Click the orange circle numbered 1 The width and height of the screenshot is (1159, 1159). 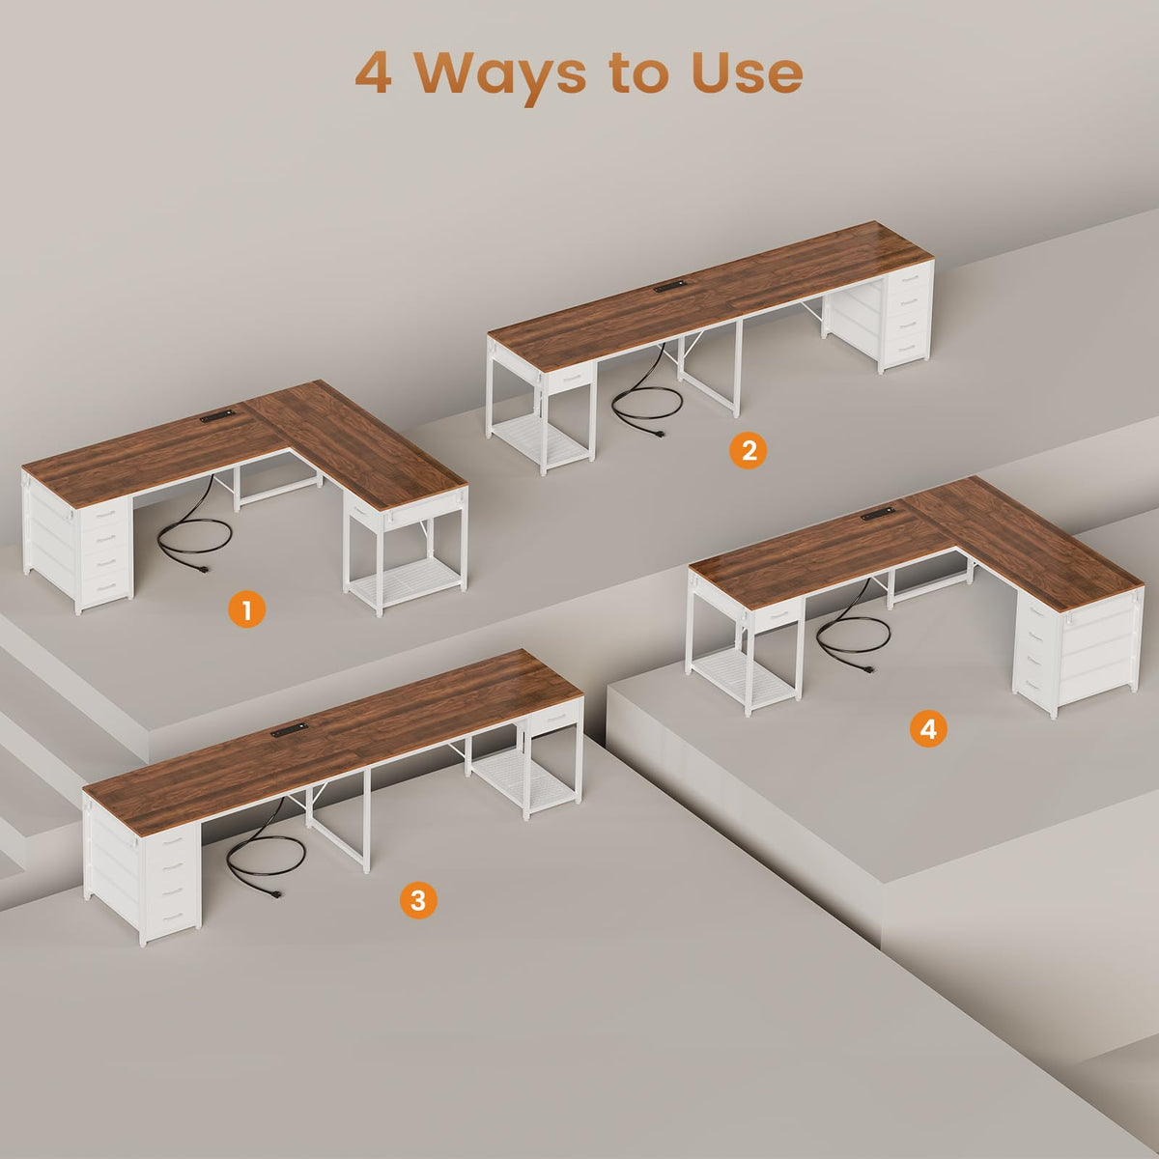246,609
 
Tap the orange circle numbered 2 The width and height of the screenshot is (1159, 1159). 749,450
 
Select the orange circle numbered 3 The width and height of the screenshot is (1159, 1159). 418,900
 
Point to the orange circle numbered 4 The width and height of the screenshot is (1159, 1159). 928,728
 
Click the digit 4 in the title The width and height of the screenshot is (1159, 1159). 374,72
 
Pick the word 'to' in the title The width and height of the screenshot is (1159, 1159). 638,73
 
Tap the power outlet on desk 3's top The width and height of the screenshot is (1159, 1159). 290,731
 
